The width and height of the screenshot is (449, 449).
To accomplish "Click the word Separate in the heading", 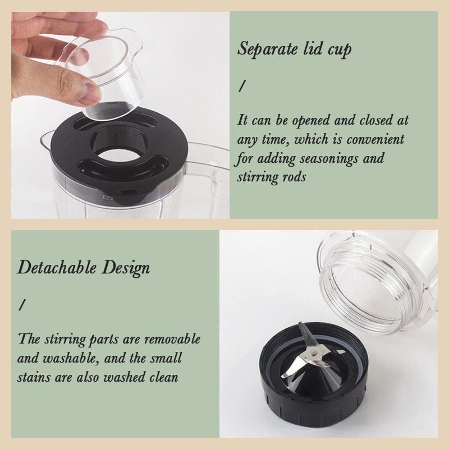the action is (x=268, y=49).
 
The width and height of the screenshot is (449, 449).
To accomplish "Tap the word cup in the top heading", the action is (x=340, y=50).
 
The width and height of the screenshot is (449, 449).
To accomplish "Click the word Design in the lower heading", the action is (x=126, y=269).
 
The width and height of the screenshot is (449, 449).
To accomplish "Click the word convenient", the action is (x=375, y=139).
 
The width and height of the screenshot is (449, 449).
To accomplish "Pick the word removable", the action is (x=172, y=340).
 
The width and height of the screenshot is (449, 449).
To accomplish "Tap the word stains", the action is (x=34, y=377).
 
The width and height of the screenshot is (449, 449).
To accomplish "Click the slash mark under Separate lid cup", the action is (x=241, y=86).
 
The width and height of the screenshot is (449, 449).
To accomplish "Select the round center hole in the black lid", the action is (x=120, y=155).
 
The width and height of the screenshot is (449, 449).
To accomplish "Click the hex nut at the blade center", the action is (x=314, y=355).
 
